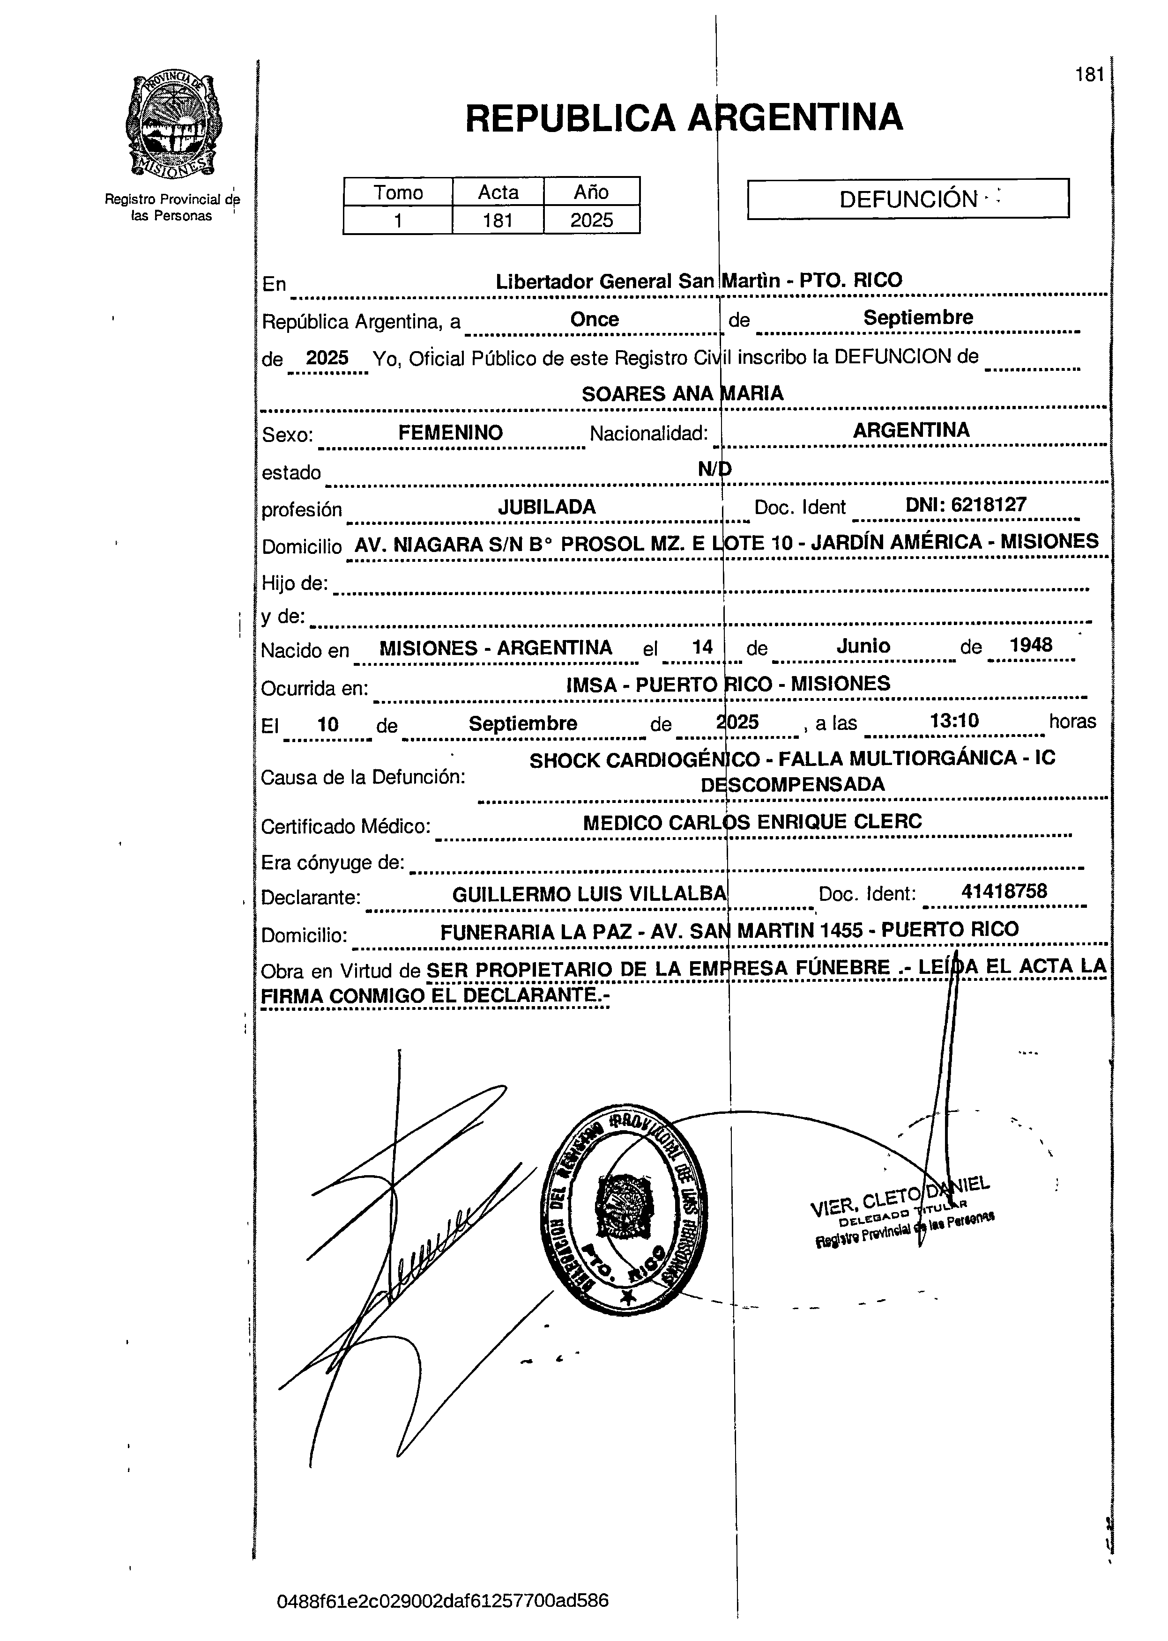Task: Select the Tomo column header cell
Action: tap(398, 192)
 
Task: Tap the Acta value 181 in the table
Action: tap(497, 220)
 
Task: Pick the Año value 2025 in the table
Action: tap(591, 220)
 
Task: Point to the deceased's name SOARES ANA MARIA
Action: tap(682, 393)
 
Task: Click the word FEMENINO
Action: tap(450, 433)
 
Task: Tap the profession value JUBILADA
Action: tap(547, 507)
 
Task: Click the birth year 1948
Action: tap(1031, 645)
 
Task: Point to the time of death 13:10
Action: tap(954, 720)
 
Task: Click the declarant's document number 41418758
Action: tap(1004, 891)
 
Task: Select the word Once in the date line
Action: tap(594, 319)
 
